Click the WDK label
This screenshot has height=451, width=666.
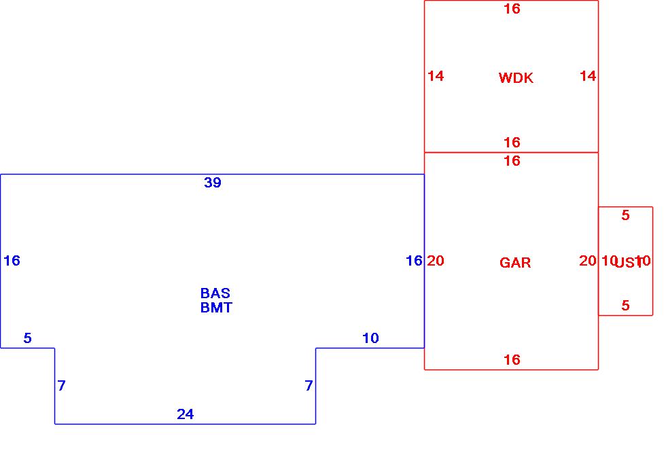[516, 78]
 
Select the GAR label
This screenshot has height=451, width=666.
[515, 263]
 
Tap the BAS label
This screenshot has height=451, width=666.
[215, 293]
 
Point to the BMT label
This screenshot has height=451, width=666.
[216, 308]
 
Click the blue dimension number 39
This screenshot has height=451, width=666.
[213, 183]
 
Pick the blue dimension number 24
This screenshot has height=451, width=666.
[186, 414]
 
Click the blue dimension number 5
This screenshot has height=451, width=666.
[27, 338]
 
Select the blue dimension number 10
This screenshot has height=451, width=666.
[370, 338]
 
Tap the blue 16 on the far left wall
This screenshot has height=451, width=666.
[12, 261]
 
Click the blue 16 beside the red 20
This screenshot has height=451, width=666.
[414, 261]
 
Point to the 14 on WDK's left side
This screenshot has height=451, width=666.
[436, 76]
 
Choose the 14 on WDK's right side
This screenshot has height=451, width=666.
[588, 76]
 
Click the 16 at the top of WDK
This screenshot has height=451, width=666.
[512, 9]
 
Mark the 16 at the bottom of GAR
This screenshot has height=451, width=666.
[512, 360]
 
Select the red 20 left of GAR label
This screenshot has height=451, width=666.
[436, 261]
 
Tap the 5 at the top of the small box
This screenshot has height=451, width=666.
[625, 215]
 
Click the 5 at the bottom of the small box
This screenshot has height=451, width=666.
[625, 306]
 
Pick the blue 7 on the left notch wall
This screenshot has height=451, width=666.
[62, 386]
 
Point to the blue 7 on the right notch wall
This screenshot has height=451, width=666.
[309, 386]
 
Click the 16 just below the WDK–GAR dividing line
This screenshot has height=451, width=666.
[512, 161]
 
